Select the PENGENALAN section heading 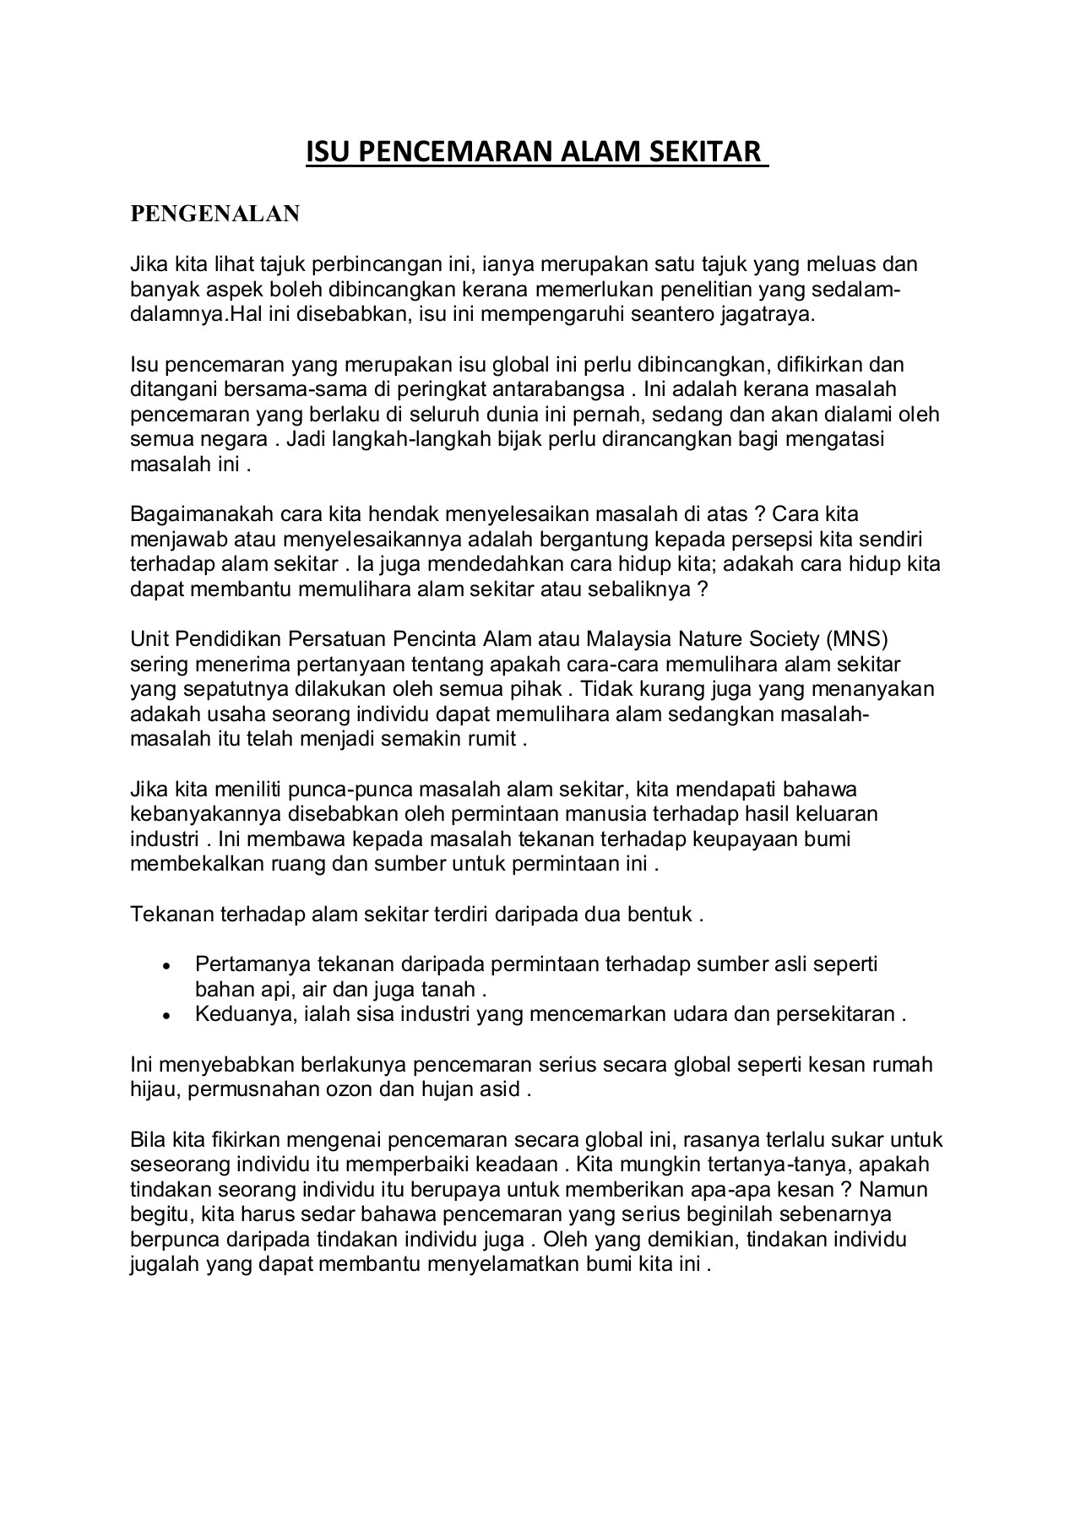214,214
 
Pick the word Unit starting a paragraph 149,638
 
